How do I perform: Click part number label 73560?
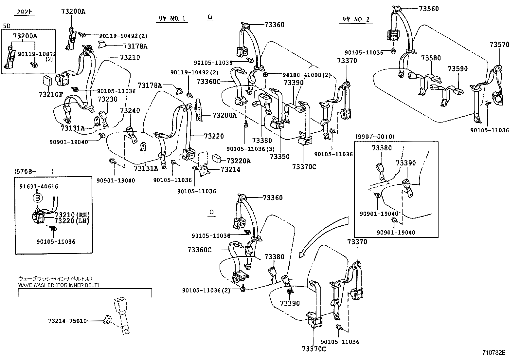429,9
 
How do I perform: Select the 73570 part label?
499,45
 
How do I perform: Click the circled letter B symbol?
38,198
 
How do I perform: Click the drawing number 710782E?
494,353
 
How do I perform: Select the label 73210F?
50,95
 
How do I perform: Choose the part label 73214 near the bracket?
230,169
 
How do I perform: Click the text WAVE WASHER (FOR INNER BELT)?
59,285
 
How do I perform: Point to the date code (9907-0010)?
375,137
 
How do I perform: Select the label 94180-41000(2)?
307,75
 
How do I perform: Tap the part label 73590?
458,69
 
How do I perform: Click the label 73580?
431,58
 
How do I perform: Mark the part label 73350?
279,157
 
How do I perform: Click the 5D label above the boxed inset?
6,26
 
